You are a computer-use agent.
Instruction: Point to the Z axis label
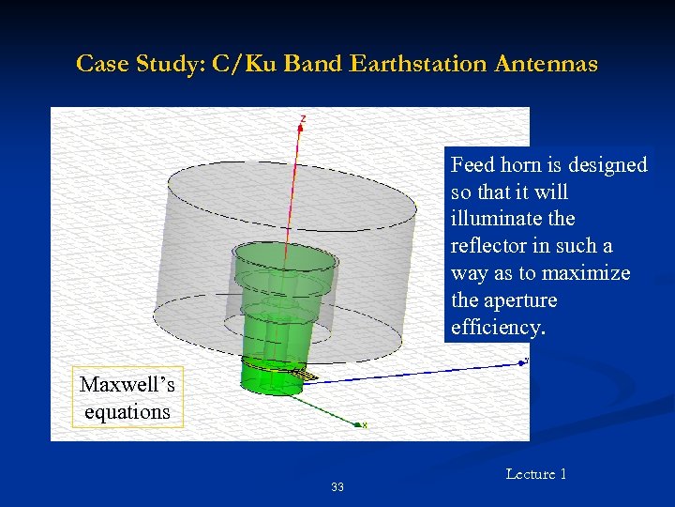(302, 118)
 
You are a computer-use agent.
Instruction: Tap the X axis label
(365, 425)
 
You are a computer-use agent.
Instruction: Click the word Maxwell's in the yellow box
(127, 385)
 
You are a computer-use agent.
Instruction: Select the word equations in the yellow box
(127, 411)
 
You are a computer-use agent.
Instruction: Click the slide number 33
(337, 487)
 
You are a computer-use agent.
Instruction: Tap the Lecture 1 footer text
(536, 474)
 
